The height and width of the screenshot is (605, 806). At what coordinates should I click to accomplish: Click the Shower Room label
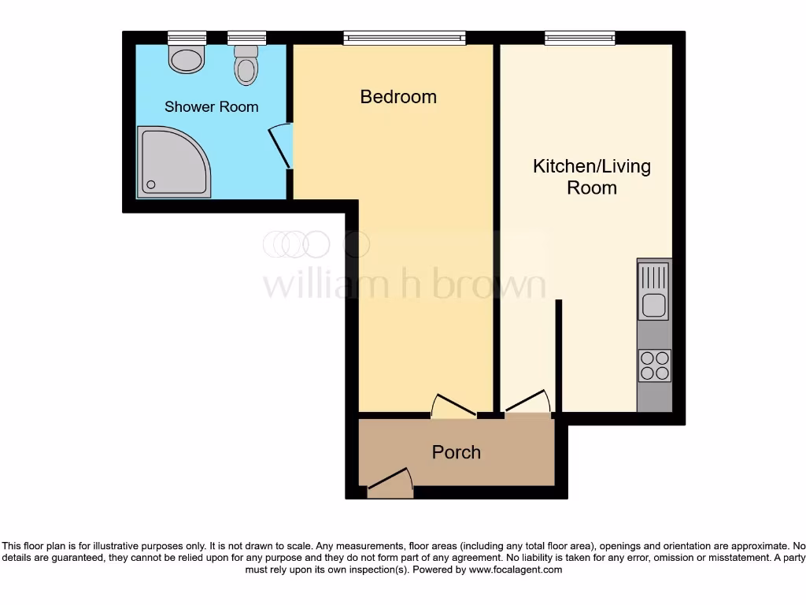point(211,106)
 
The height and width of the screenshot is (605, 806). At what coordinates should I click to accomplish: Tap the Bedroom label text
point(398,97)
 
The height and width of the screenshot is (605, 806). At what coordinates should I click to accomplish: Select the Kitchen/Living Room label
point(592,176)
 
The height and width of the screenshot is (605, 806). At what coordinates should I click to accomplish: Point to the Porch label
point(456,452)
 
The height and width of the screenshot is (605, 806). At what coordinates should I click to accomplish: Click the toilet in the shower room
point(246,66)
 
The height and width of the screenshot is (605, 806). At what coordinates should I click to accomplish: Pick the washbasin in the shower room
point(187,59)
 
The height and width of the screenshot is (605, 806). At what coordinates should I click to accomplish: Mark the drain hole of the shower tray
point(150,186)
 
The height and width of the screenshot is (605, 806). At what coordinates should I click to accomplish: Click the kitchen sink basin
point(653,305)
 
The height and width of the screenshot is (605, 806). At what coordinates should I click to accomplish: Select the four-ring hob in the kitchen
point(654,366)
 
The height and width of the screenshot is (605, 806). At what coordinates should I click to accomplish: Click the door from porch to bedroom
point(453,406)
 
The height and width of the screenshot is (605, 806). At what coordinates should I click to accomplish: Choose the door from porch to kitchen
point(527,402)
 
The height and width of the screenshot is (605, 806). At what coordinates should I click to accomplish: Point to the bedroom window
point(404,37)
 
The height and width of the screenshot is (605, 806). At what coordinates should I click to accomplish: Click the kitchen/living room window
point(579,37)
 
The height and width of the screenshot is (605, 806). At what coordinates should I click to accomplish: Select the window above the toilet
point(246,37)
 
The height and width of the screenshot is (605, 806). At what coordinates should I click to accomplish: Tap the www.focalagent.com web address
point(516,570)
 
